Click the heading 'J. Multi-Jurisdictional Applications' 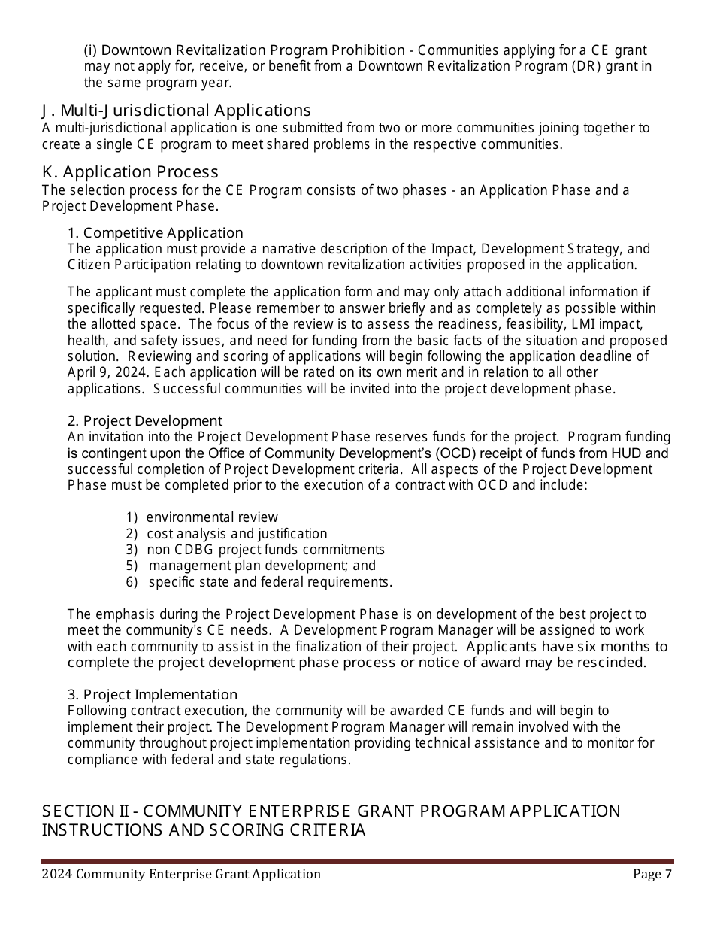point(176,111)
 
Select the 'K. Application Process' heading point(129,172)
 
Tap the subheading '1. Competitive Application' point(156,232)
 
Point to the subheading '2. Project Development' point(145,420)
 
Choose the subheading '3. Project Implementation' point(153,694)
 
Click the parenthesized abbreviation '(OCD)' point(454,453)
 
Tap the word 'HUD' point(626,453)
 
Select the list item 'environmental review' point(211,517)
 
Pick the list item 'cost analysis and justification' point(237,534)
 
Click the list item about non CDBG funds point(265,550)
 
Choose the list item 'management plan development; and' point(262,566)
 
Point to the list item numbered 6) point(270,582)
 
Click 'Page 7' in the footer point(652,874)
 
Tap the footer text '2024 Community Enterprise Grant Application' point(181,874)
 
